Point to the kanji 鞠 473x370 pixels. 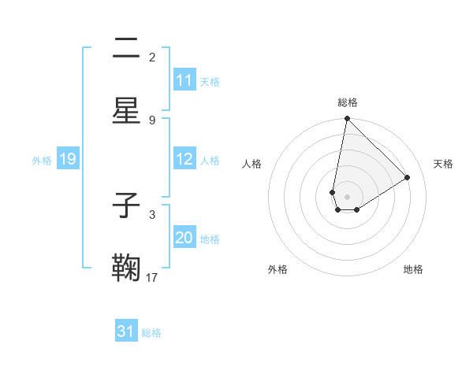[127, 268]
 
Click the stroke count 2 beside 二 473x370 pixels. [152, 57]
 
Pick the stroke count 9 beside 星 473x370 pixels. [152, 120]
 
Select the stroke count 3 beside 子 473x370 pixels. [152, 214]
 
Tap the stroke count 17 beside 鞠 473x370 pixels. [152, 277]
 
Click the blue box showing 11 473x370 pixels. [184, 80]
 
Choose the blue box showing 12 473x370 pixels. [184, 159]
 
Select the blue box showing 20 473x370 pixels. [184, 238]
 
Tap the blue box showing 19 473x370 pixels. [68, 159]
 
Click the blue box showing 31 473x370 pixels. [126, 332]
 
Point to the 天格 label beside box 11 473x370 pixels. [210, 81]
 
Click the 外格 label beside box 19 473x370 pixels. [42, 160]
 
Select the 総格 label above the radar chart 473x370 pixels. [348, 102]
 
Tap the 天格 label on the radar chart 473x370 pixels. [443, 164]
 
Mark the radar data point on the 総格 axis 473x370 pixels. [347, 120]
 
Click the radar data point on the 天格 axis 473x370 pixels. [408, 177]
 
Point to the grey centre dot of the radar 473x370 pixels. [347, 197]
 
